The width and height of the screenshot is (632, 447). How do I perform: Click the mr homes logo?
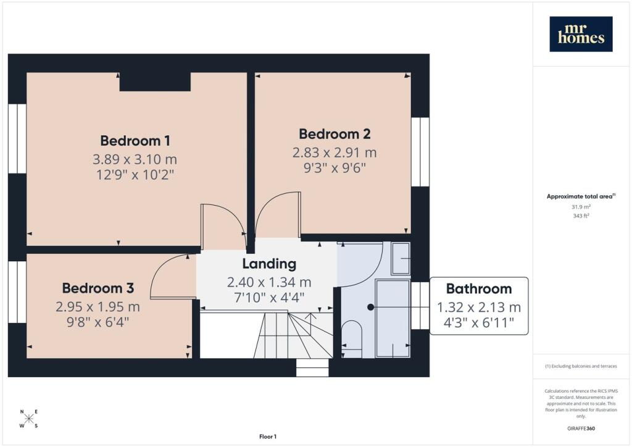click(x=581, y=34)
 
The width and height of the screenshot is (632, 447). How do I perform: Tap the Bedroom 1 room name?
click(x=135, y=141)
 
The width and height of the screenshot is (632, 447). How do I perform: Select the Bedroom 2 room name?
click(x=335, y=134)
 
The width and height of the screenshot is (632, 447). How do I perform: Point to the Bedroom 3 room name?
click(x=98, y=288)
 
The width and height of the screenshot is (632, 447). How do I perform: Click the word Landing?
click(x=269, y=264)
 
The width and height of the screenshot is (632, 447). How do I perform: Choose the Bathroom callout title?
click(x=479, y=288)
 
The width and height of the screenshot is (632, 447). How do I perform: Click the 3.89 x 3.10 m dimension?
click(x=135, y=159)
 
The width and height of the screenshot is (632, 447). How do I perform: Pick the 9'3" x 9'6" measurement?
click(x=335, y=168)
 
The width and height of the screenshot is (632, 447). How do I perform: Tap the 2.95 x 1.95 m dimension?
click(x=98, y=307)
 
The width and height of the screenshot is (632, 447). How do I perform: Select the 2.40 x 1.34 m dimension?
click(x=269, y=282)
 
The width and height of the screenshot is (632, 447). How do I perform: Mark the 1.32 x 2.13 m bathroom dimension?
click(x=479, y=307)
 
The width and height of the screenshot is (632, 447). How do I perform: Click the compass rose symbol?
click(x=29, y=419)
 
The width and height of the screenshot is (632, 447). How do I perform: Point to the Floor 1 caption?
click(x=268, y=437)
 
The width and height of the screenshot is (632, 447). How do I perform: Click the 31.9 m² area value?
click(x=581, y=207)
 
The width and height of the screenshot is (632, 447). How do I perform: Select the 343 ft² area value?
click(x=581, y=215)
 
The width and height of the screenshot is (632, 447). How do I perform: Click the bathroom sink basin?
click(x=401, y=258)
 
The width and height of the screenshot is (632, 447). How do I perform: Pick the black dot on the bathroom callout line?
click(x=370, y=307)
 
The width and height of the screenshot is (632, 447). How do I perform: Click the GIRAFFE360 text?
click(x=581, y=428)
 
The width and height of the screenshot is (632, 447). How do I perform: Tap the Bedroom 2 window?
click(x=420, y=151)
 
